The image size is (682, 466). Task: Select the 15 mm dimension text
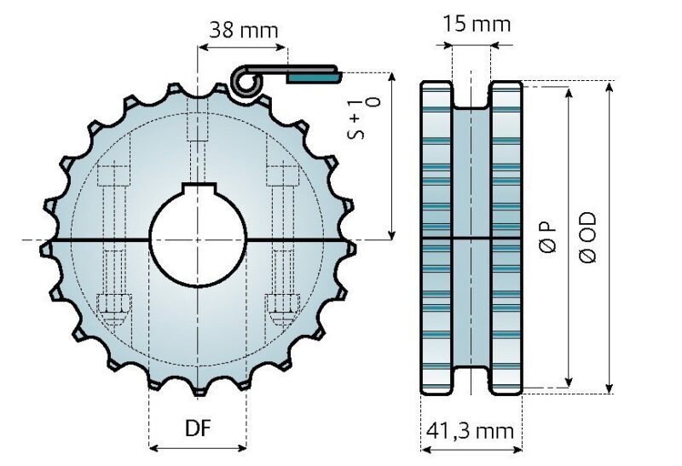point(477,23)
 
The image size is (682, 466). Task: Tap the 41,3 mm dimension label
point(471,431)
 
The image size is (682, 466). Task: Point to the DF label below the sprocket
point(198,429)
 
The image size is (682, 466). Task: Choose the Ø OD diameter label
point(588,237)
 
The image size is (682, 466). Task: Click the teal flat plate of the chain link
point(312,77)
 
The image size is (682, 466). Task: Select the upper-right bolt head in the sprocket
point(280,178)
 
